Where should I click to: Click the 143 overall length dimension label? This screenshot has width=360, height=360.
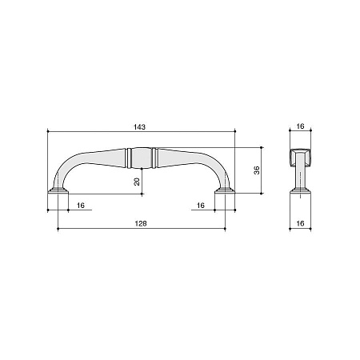point(140,127)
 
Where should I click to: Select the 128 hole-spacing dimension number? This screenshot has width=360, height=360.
point(141,223)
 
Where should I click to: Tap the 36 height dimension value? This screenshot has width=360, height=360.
point(257,170)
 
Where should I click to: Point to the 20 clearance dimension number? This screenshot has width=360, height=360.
point(137,182)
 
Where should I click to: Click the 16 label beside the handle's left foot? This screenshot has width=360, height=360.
point(81,206)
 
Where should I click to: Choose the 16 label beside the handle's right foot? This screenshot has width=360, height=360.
point(201,206)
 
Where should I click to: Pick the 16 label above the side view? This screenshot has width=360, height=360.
point(300,126)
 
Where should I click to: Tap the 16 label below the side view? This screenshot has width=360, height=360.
point(300,223)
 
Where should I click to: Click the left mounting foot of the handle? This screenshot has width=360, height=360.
point(58,190)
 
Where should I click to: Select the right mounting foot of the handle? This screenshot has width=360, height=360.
point(225,190)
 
